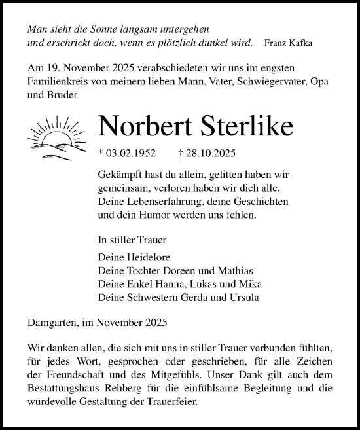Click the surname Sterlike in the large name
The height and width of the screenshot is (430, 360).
tap(242, 127)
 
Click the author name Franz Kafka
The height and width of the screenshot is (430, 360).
tap(289, 43)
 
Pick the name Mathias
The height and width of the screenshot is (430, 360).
tap(233, 271)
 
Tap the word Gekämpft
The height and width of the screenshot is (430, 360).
tap(118, 176)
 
